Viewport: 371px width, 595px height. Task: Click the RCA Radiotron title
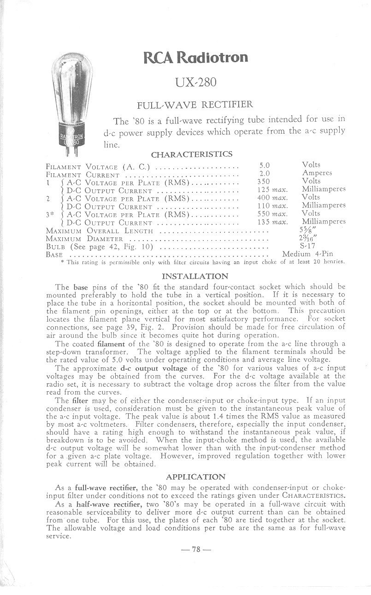196,58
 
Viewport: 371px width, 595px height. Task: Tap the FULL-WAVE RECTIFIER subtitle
192,105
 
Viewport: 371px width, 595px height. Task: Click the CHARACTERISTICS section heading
192,154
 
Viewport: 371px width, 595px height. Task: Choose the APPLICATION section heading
196,477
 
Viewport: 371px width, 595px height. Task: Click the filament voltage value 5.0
265,165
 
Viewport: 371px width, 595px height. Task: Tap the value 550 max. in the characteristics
272,214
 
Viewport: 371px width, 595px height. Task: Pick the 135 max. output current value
272,222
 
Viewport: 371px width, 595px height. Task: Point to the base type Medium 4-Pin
307,254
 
